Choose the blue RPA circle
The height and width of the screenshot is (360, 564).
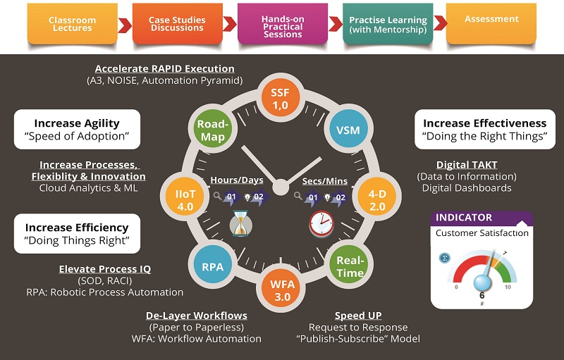pos(212,266)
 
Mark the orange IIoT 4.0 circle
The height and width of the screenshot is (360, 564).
pos(185,199)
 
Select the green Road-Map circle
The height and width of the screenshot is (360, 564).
pos(212,130)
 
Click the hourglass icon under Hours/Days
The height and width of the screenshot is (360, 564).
pos(240,225)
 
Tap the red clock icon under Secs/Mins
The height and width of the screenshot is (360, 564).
pos(321,223)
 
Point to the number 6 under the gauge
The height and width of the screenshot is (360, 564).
pos(482,295)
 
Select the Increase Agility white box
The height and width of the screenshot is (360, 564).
pos(77,129)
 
